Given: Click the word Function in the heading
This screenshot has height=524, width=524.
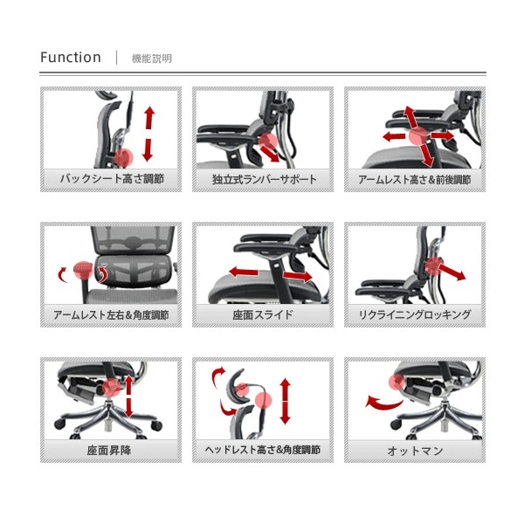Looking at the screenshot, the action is coord(71,58).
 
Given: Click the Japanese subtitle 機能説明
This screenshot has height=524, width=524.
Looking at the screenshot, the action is coord(152,59).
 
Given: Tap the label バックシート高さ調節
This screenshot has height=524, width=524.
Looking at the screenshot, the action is coord(112,179).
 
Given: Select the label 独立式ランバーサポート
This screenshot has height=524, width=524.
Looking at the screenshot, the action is coord(264,179).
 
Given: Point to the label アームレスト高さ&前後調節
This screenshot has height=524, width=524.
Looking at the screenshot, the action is coord(415,180).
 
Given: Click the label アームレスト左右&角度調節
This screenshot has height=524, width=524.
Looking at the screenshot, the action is coord(111,314).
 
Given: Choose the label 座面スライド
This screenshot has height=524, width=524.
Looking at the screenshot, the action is coord(263,314).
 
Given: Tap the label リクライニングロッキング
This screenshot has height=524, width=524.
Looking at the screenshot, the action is coord(415,314).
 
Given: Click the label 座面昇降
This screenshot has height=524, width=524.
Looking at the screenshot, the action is coord(109,450).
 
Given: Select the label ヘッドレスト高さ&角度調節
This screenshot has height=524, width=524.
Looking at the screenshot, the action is coord(263,450).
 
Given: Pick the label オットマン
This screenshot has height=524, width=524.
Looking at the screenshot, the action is coord(415,451).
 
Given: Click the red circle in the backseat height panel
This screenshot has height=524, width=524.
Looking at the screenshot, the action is coord(124,158).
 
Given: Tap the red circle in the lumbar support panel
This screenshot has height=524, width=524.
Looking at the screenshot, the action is coord(268,141).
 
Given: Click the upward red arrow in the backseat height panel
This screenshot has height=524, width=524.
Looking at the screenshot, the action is coord(149,118).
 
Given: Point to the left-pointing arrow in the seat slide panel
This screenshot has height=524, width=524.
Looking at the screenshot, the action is coord(244,272).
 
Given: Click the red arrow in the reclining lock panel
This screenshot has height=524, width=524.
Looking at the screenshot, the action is coord(452,272).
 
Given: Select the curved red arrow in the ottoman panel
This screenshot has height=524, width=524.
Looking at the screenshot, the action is coord(383,403).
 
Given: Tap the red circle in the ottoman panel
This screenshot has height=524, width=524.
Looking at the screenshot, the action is coord(397,382).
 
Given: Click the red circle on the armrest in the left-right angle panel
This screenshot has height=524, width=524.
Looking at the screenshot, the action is coord(83,271).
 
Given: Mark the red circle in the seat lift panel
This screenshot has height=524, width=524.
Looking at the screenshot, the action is coord(112,387).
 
